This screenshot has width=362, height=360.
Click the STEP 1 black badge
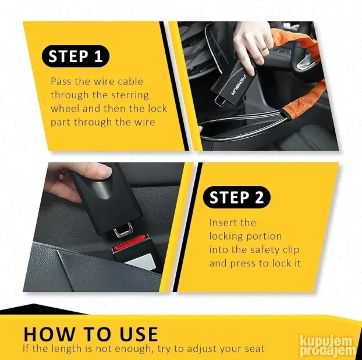pyautogui.click(x=75, y=56)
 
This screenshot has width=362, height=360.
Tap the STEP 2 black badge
pyautogui.click(x=236, y=197)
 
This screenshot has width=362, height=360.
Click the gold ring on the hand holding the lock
pyautogui.click(x=264, y=49)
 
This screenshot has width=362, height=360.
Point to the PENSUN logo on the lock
pyautogui.click(x=239, y=85)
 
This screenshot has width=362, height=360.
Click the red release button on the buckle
pyautogui.click(x=130, y=241)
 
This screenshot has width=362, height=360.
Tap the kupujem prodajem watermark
pyautogui.click(x=328, y=347)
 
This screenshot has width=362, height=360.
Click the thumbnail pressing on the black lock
pyautogui.click(x=104, y=171)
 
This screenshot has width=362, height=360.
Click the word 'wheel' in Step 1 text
pyautogui.click(x=65, y=108)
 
